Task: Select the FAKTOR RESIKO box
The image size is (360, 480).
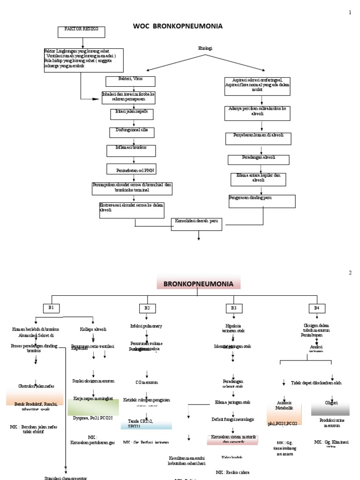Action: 82,32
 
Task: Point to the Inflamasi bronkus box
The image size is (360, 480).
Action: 132,150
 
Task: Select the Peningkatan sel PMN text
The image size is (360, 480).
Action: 135,170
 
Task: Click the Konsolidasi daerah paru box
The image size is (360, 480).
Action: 196,222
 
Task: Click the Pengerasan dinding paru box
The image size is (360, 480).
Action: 262,201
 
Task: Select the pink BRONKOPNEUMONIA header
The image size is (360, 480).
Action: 198,283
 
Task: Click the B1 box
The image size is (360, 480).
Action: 52,307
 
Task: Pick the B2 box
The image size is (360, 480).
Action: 147,308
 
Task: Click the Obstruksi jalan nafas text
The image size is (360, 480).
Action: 36,385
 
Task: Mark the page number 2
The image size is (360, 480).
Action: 349,272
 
